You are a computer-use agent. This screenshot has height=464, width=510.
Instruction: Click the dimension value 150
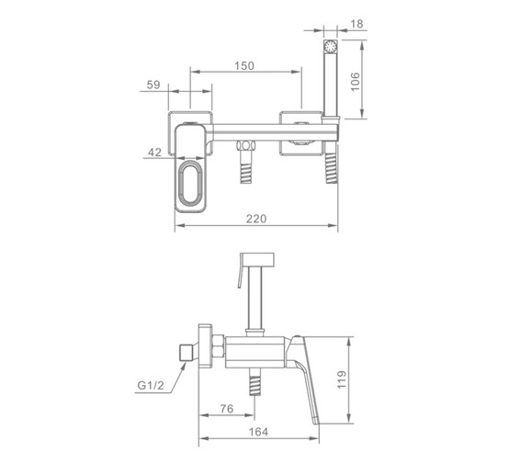[x=244, y=65]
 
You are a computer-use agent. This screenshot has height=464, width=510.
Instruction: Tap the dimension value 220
[x=256, y=219]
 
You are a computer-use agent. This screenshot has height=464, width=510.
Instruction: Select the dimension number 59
[x=153, y=85]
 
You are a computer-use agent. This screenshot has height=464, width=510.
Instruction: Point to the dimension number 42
[x=154, y=153]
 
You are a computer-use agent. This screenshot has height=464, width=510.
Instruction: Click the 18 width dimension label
[x=357, y=24]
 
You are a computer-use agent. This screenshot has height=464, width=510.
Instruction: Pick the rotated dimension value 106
[x=356, y=82]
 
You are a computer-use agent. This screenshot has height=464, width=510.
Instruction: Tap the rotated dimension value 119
[x=342, y=379]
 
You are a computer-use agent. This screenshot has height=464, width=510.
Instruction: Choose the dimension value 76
[x=227, y=409]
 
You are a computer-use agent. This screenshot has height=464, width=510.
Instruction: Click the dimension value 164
[x=258, y=432]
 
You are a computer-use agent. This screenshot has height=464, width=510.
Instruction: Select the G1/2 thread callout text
[x=151, y=385]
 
